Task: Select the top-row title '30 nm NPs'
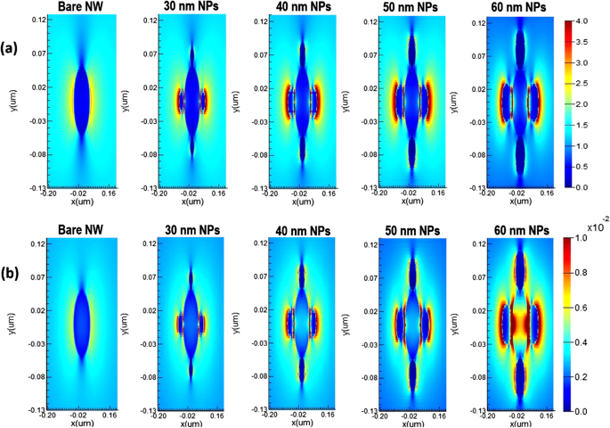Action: [x=191, y=8]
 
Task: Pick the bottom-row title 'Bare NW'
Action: [x=80, y=230]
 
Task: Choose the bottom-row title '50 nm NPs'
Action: [x=410, y=231]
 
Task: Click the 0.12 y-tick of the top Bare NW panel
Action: [x=40, y=20]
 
